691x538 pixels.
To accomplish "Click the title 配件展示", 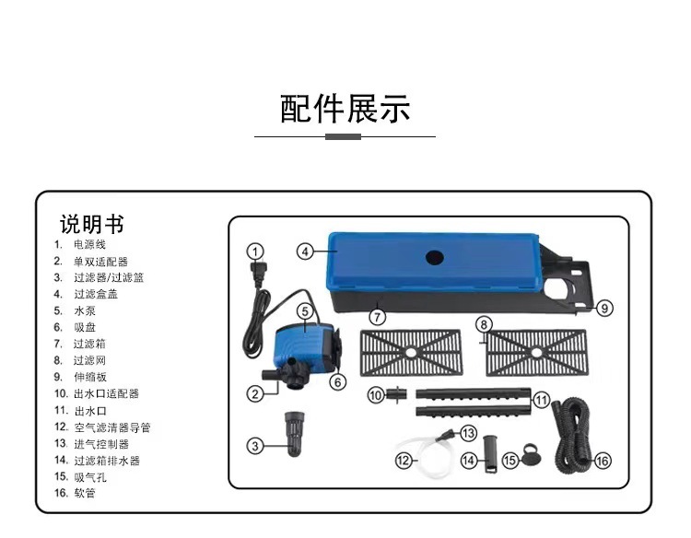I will [x=345, y=109].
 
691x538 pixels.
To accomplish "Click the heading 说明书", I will [x=91, y=224].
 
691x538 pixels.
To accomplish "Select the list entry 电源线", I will [x=90, y=244].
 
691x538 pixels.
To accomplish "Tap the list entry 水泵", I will [x=84, y=310].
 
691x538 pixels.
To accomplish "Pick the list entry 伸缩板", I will [x=90, y=377].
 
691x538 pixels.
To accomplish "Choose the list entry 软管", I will [x=84, y=493].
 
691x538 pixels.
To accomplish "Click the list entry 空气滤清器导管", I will [x=112, y=427].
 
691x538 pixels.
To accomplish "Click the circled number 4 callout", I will [x=306, y=251].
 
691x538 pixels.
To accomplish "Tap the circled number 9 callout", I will [x=604, y=309].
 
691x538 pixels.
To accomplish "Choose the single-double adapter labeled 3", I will [x=295, y=428].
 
